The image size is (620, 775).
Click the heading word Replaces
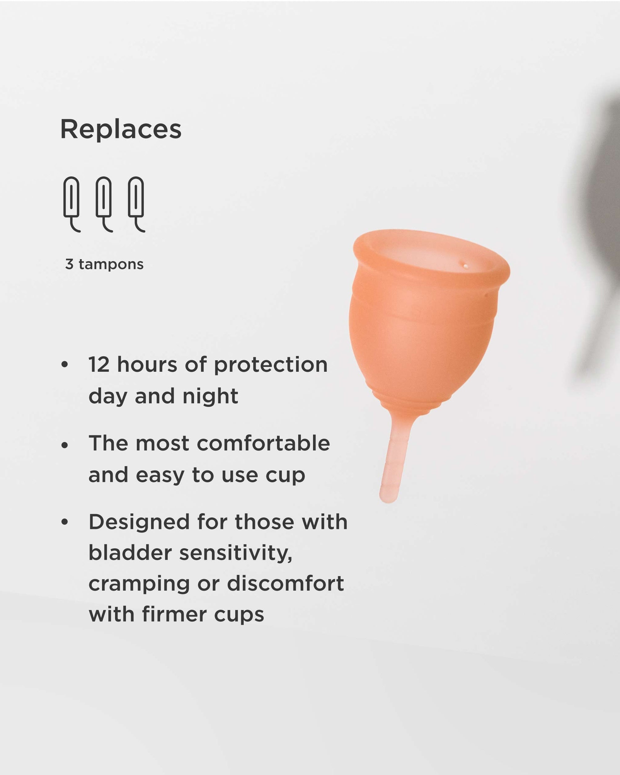click(x=121, y=129)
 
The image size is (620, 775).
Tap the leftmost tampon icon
click(x=72, y=203)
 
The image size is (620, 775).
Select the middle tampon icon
click(x=104, y=203)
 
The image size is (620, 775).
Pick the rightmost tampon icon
click(x=136, y=203)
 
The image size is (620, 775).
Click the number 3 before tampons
click(x=69, y=264)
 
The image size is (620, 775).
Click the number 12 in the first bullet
click(x=99, y=365)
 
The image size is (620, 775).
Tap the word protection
click(x=271, y=365)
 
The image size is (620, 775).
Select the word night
click(x=210, y=396)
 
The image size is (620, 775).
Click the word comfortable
click(x=263, y=443)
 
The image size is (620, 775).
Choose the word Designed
click(x=139, y=522)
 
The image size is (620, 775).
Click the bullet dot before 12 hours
click(x=65, y=365)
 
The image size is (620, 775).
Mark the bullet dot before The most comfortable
click(x=65, y=445)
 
